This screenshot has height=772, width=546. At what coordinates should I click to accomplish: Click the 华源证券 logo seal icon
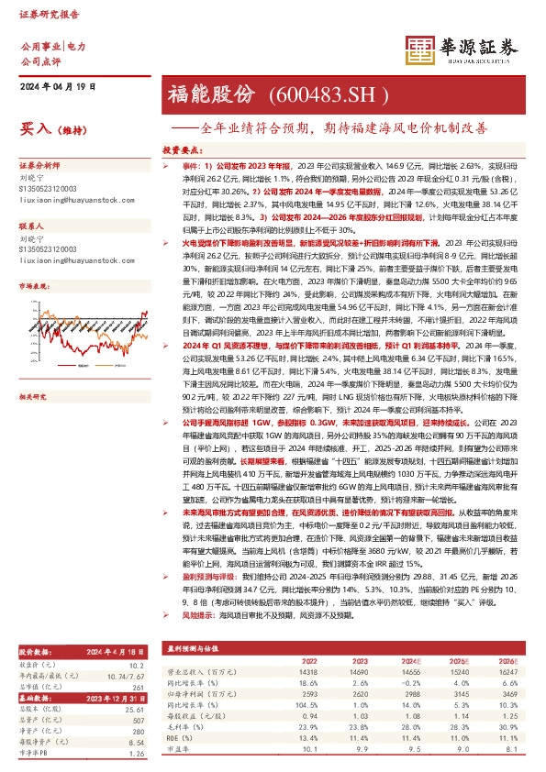click(x=422, y=52)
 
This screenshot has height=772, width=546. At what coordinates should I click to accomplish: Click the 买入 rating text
click(x=34, y=130)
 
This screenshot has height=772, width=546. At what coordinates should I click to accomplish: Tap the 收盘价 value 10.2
click(x=137, y=665)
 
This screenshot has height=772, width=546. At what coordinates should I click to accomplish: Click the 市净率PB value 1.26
click(x=137, y=755)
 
